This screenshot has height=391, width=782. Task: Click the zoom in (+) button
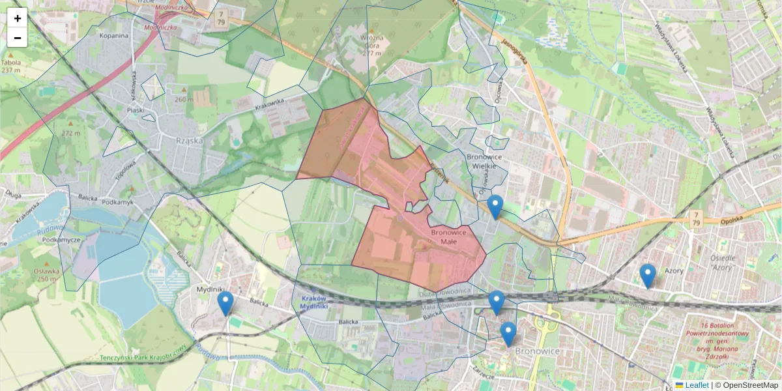(x=18, y=18)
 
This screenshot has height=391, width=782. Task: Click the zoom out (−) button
(x=18, y=38)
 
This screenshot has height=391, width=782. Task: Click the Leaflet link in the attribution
(x=697, y=385)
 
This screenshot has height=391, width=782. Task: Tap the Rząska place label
(x=190, y=140)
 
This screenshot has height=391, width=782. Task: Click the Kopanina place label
(x=113, y=36)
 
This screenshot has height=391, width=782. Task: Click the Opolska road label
(x=732, y=221)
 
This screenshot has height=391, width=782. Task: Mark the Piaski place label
(x=136, y=110)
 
